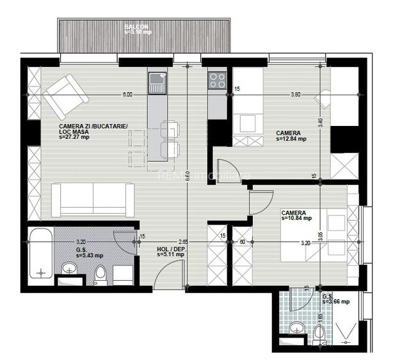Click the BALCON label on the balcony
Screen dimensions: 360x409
pos(137,27)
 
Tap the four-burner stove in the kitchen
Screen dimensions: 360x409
pos(217,80)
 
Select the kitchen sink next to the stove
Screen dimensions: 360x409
pos(157,82)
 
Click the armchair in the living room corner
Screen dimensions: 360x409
pos(65,96)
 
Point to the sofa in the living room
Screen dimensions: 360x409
pos(93,199)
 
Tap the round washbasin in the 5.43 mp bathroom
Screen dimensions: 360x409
pos(69,268)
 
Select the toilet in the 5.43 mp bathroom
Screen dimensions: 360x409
pos(100,274)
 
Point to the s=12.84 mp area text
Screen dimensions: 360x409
pos(291,138)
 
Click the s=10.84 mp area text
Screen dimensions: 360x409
pos(296,218)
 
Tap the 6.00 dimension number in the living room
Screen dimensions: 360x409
pos(127,95)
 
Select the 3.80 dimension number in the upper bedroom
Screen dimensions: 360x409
pos(295,95)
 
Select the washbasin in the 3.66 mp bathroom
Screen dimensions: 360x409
pos(296,328)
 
